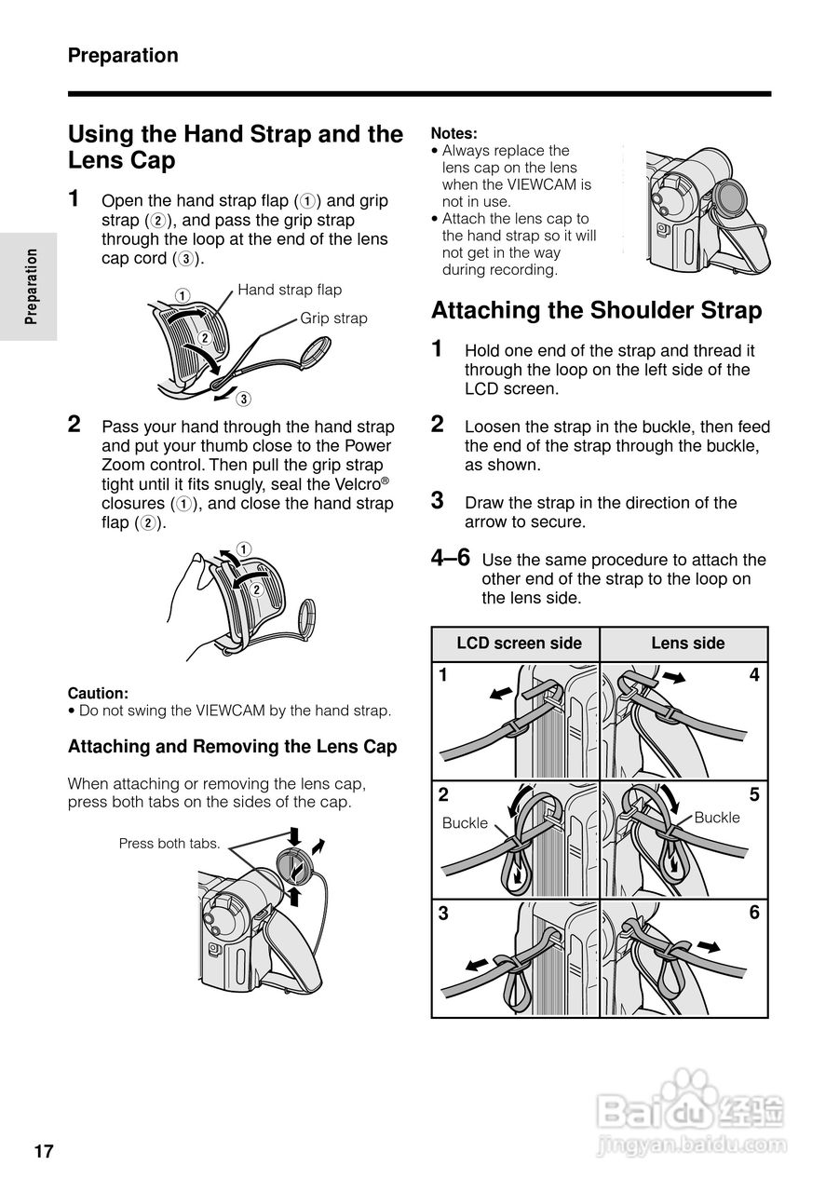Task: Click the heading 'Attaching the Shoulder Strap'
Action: click(596, 310)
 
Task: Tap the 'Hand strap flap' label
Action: click(290, 290)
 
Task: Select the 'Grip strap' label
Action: click(333, 318)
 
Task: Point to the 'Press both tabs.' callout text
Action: click(169, 844)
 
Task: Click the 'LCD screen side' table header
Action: click(519, 643)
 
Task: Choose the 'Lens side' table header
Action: click(687, 643)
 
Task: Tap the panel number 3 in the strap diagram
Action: click(444, 914)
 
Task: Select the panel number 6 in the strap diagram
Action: click(754, 914)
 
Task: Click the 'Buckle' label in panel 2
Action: click(465, 823)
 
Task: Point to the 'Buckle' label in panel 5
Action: click(717, 818)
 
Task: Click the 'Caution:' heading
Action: click(98, 693)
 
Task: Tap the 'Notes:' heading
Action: click(453, 133)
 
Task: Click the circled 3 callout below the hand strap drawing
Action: click(242, 400)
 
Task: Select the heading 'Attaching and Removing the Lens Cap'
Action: click(233, 747)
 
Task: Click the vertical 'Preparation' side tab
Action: click(32, 286)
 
